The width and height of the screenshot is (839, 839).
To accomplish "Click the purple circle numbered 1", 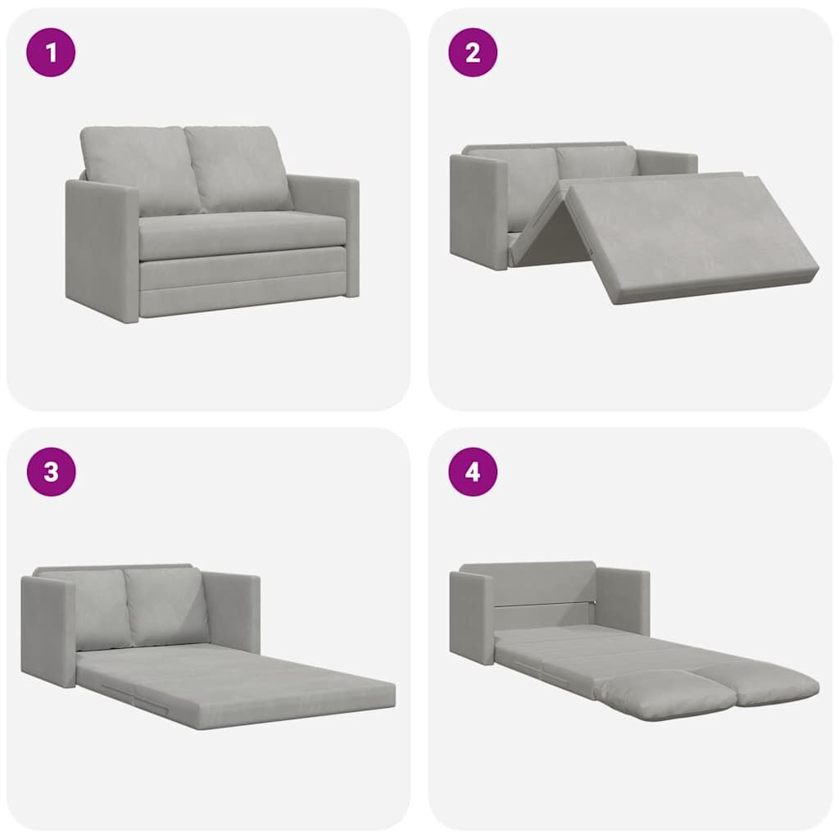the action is point(51,52).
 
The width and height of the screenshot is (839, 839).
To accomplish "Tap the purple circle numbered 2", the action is point(473,52).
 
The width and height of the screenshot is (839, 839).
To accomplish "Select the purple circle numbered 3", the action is point(51,472).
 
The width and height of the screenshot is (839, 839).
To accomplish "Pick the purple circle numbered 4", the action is point(473,472).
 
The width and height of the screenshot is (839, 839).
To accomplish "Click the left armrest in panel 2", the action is point(478,211).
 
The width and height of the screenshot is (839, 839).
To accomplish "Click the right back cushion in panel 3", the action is point(167,606).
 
